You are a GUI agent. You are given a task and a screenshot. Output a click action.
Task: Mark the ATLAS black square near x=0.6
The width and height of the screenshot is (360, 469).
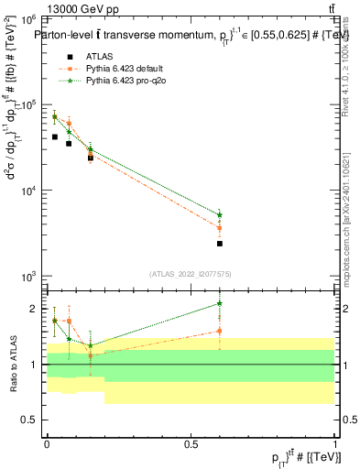click(220, 244)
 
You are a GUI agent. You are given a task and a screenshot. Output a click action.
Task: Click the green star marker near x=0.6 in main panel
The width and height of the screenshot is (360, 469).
click(220, 215)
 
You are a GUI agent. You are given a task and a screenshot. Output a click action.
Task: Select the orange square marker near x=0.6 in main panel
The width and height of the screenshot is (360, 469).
click(220, 228)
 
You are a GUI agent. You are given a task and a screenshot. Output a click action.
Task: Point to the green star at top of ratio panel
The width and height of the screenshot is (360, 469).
click(220, 303)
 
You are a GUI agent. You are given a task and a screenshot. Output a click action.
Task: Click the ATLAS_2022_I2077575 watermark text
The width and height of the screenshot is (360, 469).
click(191, 274)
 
